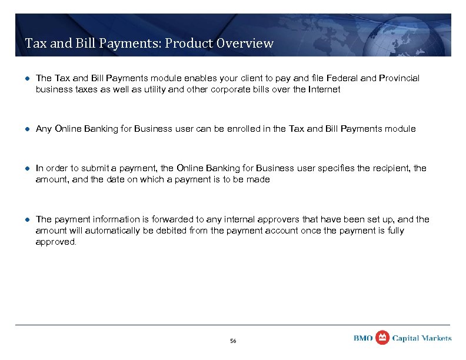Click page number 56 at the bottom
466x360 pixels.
point(233,341)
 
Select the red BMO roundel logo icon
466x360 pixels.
point(382,338)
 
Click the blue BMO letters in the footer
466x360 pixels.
point(363,338)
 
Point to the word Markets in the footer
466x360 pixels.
point(437,338)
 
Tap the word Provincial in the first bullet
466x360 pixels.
point(400,78)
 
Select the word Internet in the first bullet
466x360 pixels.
point(322,89)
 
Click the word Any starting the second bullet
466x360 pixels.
point(44,129)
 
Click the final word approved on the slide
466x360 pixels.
point(55,242)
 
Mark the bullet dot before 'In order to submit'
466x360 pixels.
point(27,168)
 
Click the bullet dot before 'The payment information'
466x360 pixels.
point(27,219)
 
